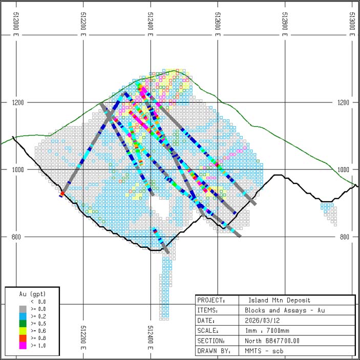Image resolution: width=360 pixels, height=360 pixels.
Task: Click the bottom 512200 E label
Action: tap(83, 335)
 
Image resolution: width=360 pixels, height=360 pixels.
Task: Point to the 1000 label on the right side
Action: tap(344, 170)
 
